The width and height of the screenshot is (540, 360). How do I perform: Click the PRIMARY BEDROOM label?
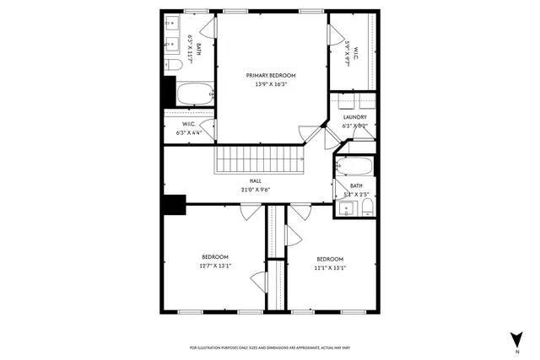pyautogui.click(x=271, y=75)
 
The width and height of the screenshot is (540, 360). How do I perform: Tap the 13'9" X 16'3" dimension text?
pyautogui.click(x=271, y=84)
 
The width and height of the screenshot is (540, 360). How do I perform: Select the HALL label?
pyautogui.click(x=255, y=180)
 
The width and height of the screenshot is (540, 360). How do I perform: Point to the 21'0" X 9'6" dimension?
pyautogui.click(x=255, y=190)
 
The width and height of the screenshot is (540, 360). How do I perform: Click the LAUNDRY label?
pyautogui.click(x=354, y=117)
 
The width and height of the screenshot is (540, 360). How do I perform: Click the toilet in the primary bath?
pyautogui.click(x=175, y=65)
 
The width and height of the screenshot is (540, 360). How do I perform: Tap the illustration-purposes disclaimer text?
pyautogui.click(x=271, y=348)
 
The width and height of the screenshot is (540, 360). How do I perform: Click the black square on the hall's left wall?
pyautogui.click(x=175, y=205)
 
